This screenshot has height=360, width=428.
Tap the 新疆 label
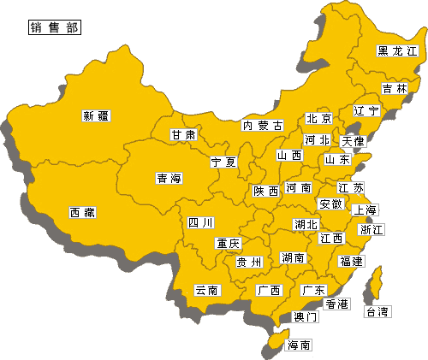[x=97, y=115]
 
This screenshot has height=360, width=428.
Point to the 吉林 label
[x=395, y=88]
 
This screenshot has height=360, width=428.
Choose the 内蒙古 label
[x=262, y=126]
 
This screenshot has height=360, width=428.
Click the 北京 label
[x=318, y=119]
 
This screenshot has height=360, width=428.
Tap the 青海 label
[x=169, y=179]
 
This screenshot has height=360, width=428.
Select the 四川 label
[x=200, y=223]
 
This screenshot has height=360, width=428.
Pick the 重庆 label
[x=228, y=244]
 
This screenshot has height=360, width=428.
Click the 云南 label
[x=207, y=290]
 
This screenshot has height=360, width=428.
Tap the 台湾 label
[x=377, y=311]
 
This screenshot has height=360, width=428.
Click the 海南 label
[x=299, y=345]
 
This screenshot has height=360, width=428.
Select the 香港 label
[x=336, y=304]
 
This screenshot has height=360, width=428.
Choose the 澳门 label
[x=306, y=316]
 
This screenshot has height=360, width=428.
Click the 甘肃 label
[x=182, y=135]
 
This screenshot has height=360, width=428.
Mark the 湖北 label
[x=306, y=224]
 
